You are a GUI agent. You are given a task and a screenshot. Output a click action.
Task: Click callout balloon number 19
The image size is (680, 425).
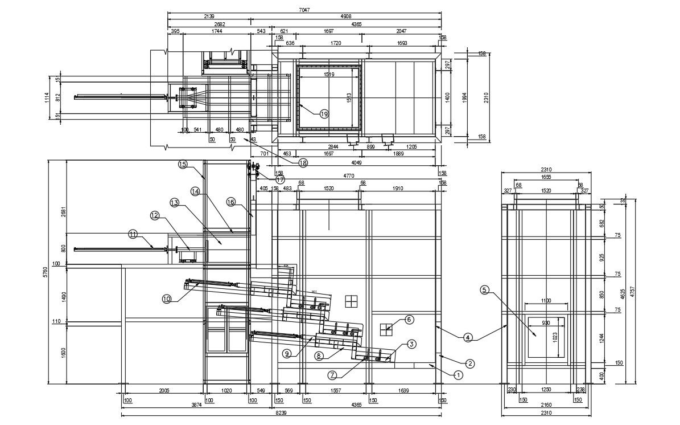[324, 114]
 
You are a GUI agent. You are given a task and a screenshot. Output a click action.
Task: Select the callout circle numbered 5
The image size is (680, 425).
[484, 289]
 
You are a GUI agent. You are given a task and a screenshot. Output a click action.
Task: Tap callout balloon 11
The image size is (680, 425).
[133, 234]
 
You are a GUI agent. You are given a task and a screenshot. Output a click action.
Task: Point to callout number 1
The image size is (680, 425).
[458, 375]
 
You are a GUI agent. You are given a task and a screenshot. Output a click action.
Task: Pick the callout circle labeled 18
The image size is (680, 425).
[303, 162]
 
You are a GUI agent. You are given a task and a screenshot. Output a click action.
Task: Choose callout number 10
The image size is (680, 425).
[167, 297]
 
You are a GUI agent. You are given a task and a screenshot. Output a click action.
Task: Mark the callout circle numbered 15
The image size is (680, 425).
[183, 164]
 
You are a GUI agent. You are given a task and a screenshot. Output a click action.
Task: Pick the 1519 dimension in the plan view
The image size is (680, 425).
[329, 75]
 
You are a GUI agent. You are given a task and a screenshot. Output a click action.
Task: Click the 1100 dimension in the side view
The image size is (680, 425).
[546, 301]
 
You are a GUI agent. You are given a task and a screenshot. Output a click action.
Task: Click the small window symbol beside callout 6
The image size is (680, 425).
[388, 328]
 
